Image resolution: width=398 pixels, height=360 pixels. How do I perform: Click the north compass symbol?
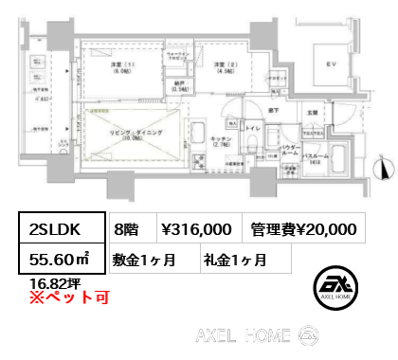pos(382,169)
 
